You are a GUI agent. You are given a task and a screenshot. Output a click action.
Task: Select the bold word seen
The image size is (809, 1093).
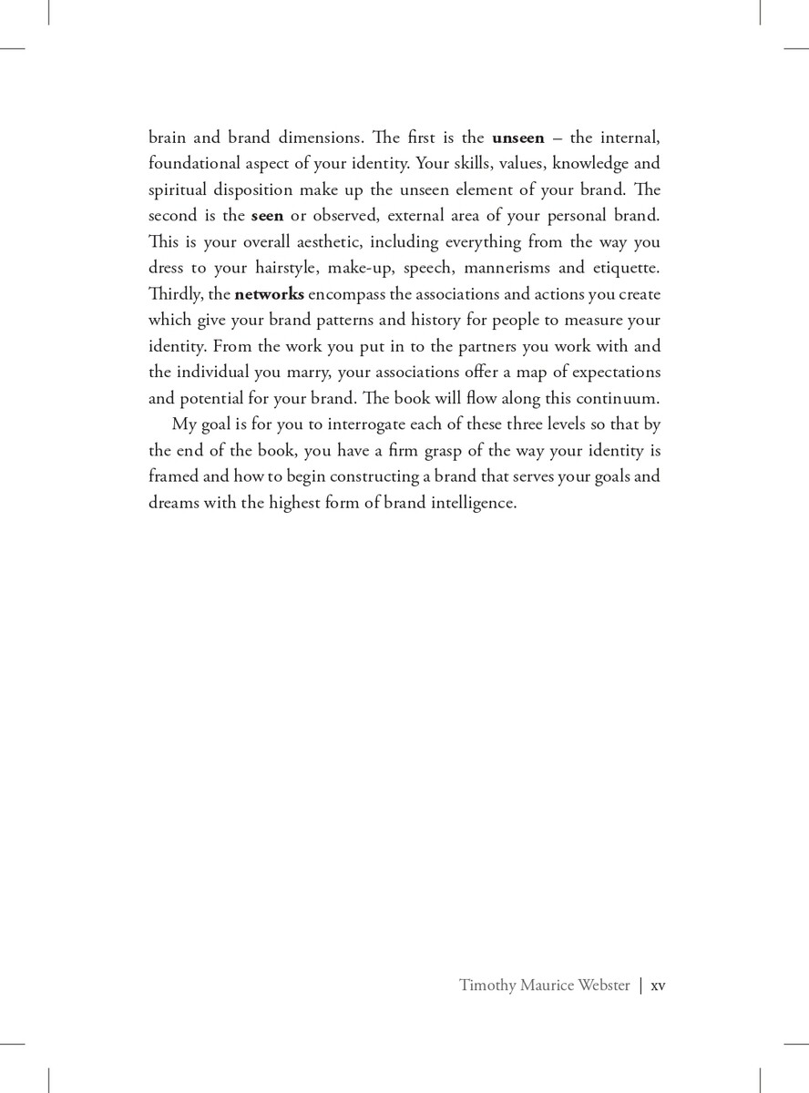tap(267, 216)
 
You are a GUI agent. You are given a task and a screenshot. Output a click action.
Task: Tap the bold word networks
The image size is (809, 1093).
tap(270, 294)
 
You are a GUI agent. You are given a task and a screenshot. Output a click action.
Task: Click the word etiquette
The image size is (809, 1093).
tap(622, 268)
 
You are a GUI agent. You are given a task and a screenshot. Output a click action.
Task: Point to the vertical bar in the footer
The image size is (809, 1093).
tap(640, 986)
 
